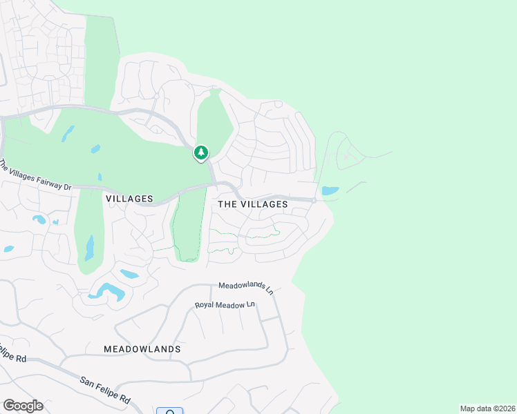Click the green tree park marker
200,152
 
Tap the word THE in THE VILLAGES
229,205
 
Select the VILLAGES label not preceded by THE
130,199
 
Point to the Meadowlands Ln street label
245,287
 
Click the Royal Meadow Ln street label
225,305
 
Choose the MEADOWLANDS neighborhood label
142,349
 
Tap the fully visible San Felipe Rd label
105,390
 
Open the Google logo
23,405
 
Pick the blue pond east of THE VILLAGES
330,190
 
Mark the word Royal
205,305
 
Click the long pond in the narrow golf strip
89,246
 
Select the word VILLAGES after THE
264,205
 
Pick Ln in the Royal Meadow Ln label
250,305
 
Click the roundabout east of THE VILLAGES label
314,200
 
